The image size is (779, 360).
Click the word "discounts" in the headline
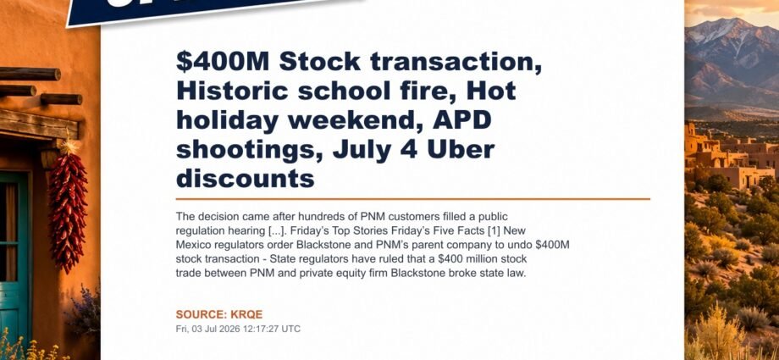[246, 179]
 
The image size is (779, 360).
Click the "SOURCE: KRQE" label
[219, 314]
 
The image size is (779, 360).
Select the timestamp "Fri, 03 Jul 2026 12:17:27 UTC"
[238, 330]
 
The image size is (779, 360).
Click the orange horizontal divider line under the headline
[413, 199]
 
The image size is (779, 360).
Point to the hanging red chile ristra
[68, 209]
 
